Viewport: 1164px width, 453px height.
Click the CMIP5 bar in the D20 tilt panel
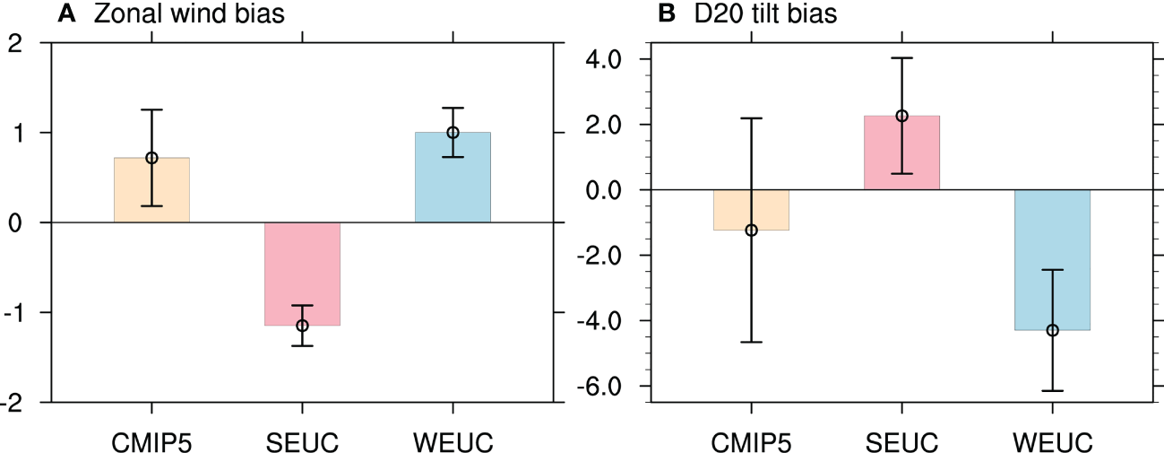click(x=751, y=210)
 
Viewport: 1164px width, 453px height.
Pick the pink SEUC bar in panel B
click(x=901, y=152)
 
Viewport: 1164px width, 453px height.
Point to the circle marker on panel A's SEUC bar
click(x=302, y=326)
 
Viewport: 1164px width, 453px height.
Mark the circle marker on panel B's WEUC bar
click(x=1052, y=330)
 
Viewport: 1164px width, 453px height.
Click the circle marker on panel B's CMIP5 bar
click(x=751, y=231)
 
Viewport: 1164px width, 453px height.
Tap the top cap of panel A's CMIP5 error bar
click(x=151, y=109)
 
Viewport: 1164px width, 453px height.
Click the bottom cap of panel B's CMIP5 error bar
click(x=751, y=342)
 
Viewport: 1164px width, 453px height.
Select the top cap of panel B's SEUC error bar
click(x=901, y=58)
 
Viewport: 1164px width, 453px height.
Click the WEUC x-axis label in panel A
click(x=453, y=442)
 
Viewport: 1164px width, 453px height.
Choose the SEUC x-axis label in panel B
click(x=901, y=442)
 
